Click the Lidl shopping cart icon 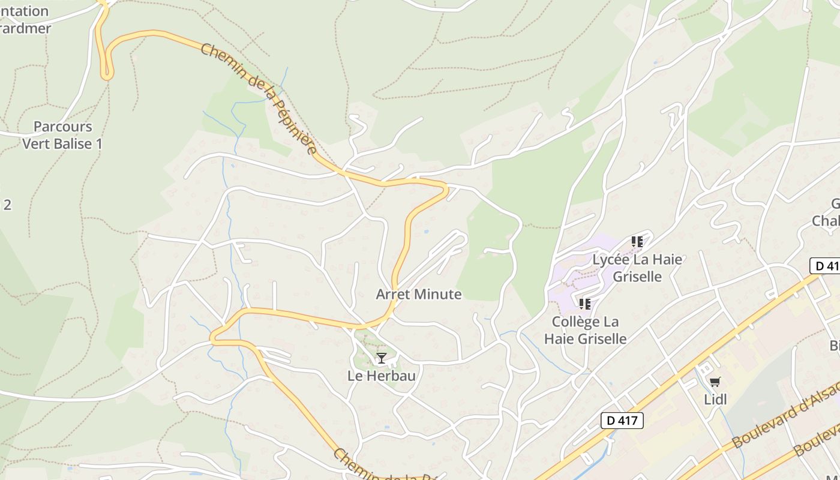pyautogui.click(x=715, y=382)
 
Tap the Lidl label pyautogui.click(x=715, y=399)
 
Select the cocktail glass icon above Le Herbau pyautogui.click(x=381, y=358)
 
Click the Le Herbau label pyautogui.click(x=382, y=376)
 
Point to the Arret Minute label pyautogui.click(x=419, y=295)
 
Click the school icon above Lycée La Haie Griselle pyautogui.click(x=637, y=242)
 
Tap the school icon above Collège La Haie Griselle pyautogui.click(x=585, y=304)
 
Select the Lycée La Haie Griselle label pyautogui.click(x=637, y=268)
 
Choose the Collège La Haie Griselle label pyautogui.click(x=585, y=331)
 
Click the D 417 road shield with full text pyautogui.click(x=622, y=421)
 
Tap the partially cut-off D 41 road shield pyautogui.click(x=826, y=266)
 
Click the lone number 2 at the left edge pyautogui.click(x=7, y=205)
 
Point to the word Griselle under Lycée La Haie pyautogui.click(x=637, y=277)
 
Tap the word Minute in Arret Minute pyautogui.click(x=441, y=295)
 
